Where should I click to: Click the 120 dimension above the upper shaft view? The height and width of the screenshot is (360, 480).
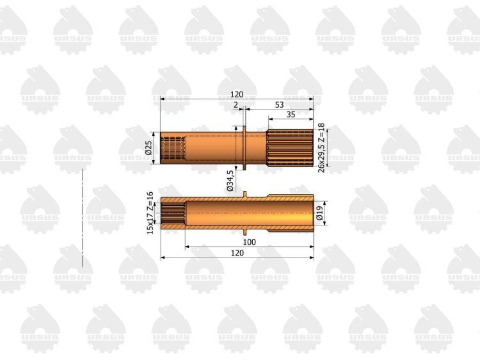click(x=237, y=94)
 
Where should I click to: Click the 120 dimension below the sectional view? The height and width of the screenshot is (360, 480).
click(x=237, y=253)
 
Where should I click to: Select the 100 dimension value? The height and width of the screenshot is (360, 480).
click(x=249, y=242)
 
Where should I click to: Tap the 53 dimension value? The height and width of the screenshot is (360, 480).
click(x=279, y=105)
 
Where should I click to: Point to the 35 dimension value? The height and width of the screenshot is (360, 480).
click(x=291, y=115)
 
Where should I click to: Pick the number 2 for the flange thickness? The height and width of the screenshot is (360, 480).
click(x=236, y=105)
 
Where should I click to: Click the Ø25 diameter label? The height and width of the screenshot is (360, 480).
click(x=148, y=148)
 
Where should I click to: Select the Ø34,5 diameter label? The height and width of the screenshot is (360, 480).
click(x=230, y=181)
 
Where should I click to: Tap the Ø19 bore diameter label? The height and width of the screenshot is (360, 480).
click(x=319, y=213)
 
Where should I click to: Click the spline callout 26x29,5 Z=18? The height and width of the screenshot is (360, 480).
click(x=321, y=148)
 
